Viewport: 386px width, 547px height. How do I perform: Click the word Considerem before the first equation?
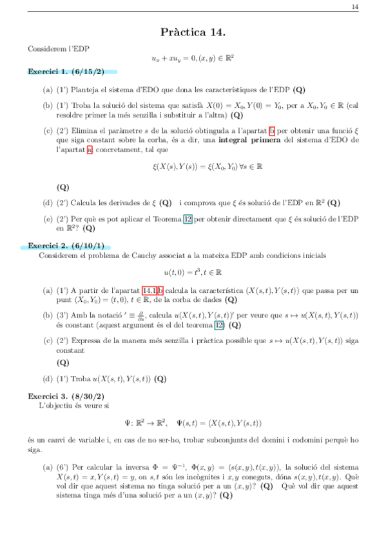[46, 48]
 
